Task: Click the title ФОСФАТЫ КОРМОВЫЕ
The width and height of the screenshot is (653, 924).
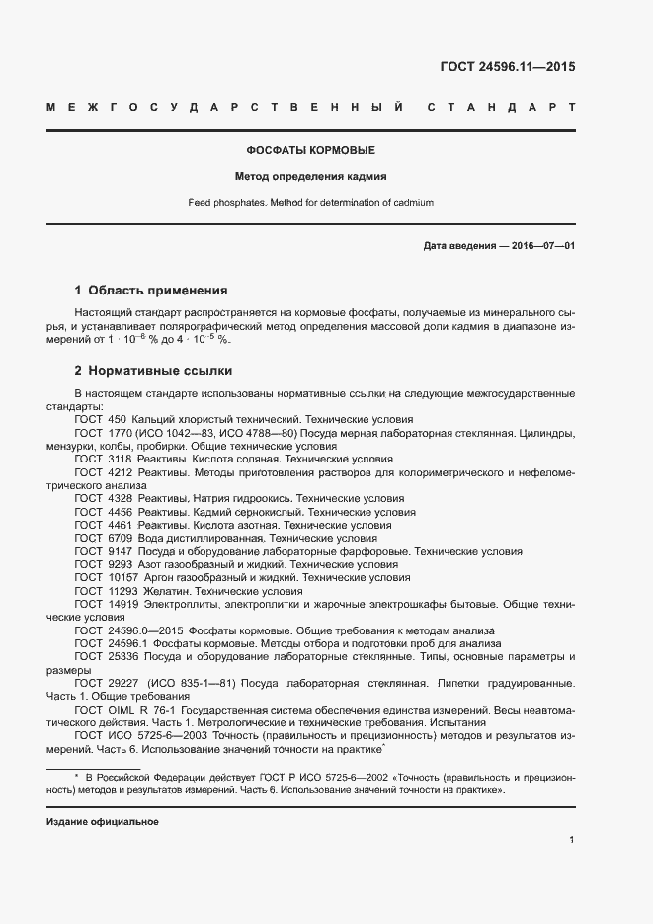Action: tap(310, 151)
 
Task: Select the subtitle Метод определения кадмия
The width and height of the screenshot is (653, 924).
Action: tap(310, 177)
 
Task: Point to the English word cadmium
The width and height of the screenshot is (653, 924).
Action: tap(410, 203)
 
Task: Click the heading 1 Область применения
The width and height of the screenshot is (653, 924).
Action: tap(151, 291)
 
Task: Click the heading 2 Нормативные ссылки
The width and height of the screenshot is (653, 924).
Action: tap(153, 371)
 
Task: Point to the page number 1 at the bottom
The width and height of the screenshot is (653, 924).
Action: tap(572, 840)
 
